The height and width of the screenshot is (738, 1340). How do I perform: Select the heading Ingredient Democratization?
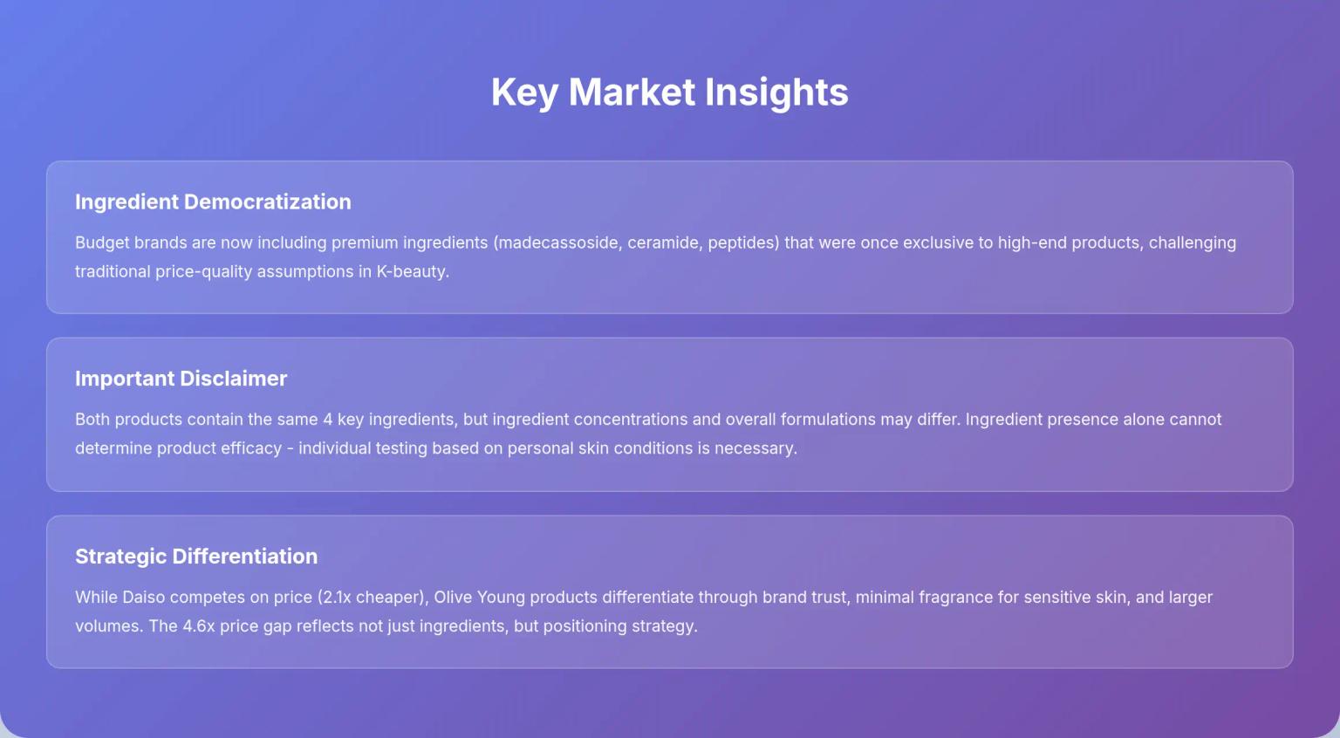point(213,202)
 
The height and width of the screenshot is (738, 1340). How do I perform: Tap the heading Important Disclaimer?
point(181,379)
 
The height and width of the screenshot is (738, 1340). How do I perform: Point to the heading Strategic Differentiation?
point(196,557)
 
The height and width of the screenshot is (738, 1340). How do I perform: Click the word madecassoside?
point(558,243)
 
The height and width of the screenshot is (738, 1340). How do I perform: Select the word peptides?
point(742,243)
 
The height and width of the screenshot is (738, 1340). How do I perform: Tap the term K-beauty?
point(412,271)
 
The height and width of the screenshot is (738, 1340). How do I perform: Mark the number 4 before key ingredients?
point(328,420)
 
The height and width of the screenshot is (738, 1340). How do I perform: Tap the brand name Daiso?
point(143,598)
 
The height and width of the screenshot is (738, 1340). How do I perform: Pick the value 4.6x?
point(198,626)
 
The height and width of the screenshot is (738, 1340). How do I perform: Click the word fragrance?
point(952,598)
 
